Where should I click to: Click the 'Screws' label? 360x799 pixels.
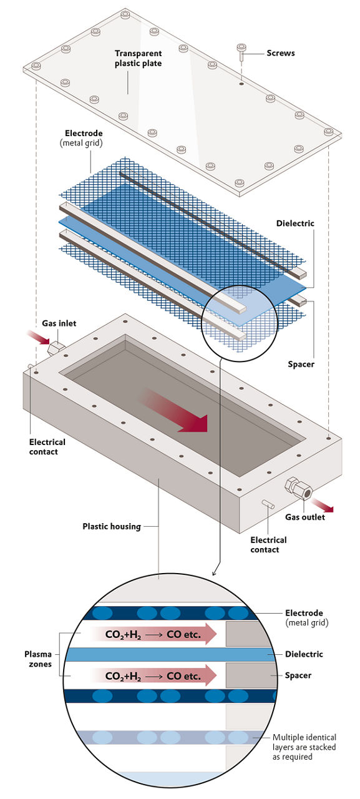tap(281, 53)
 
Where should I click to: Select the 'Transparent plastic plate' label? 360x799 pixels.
tap(138, 58)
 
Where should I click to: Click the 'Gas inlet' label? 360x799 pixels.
tap(59, 323)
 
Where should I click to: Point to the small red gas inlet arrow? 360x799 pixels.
tap(39, 338)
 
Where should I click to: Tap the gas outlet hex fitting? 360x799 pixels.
tap(299, 488)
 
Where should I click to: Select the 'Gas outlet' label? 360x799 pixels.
tap(304, 517)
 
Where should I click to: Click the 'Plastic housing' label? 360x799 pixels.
tap(112, 526)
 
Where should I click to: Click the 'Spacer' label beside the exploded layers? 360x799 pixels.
tap(301, 364)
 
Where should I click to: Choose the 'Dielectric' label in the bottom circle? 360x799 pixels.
tap(304, 654)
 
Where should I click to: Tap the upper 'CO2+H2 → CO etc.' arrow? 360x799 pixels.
tap(153, 635)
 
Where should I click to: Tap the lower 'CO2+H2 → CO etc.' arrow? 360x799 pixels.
tap(153, 676)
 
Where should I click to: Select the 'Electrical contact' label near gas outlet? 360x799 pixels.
tap(268, 545)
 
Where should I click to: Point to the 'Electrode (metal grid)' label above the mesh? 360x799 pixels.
tap(84, 138)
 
